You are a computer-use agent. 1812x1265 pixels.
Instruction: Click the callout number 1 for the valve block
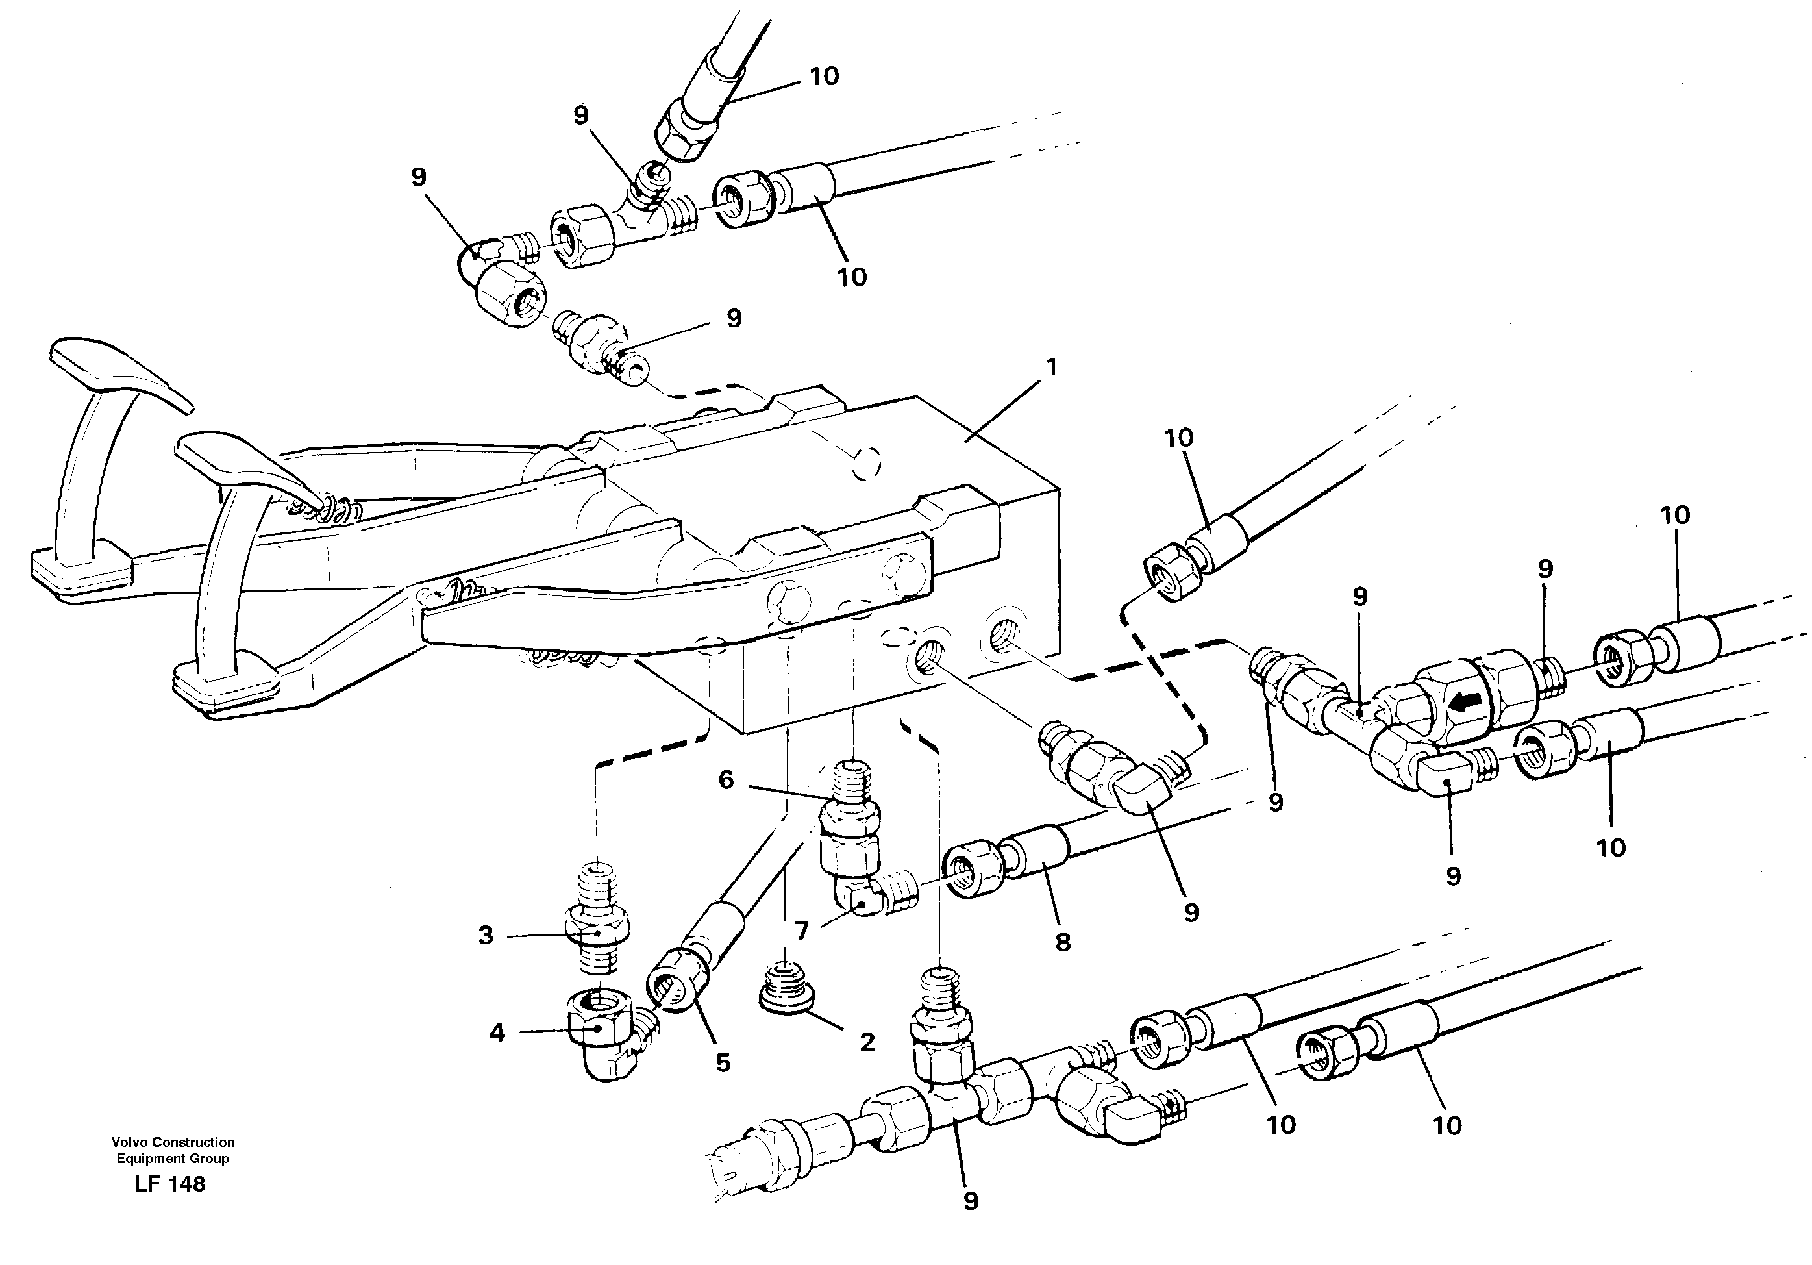pos(1050,368)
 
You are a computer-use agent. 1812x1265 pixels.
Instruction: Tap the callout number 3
pos(486,935)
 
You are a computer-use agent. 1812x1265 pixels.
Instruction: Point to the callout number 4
pos(497,1033)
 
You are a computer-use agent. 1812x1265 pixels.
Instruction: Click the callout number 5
pos(723,1062)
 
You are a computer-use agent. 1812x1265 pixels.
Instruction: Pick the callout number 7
pos(802,931)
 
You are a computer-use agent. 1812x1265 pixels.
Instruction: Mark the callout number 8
pos(1063,942)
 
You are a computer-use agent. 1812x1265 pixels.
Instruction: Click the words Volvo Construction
pos(173,1142)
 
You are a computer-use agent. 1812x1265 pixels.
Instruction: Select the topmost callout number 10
pos(823,77)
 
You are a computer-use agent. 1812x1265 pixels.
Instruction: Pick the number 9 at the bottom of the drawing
pos(971,1201)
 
